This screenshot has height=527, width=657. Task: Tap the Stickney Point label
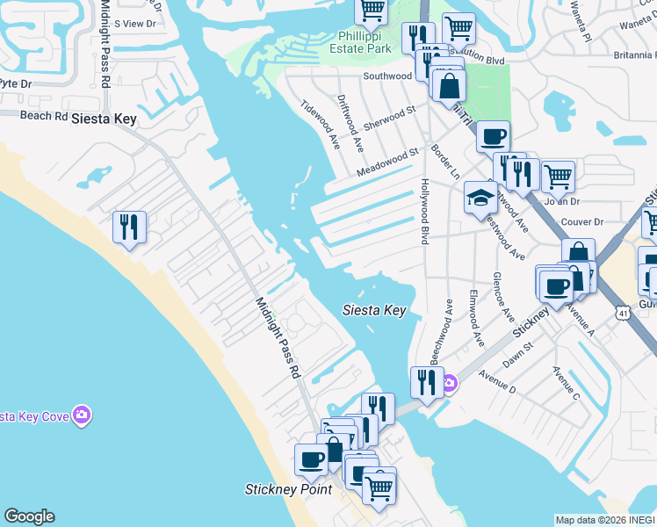[288, 489]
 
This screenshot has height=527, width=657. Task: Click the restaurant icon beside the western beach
[130, 227]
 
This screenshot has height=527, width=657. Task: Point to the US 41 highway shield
[622, 312]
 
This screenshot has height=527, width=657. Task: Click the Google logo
[29, 516]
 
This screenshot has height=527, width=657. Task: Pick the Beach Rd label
[43, 116]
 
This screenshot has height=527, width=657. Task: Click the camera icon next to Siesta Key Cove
[82, 415]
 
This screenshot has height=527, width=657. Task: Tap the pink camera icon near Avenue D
[449, 383]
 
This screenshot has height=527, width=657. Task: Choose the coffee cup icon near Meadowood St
[492, 137]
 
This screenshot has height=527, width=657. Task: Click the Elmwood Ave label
[476, 318]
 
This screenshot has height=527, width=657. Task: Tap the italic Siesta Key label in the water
[373, 310]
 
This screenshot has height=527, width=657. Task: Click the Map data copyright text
[604, 520]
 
